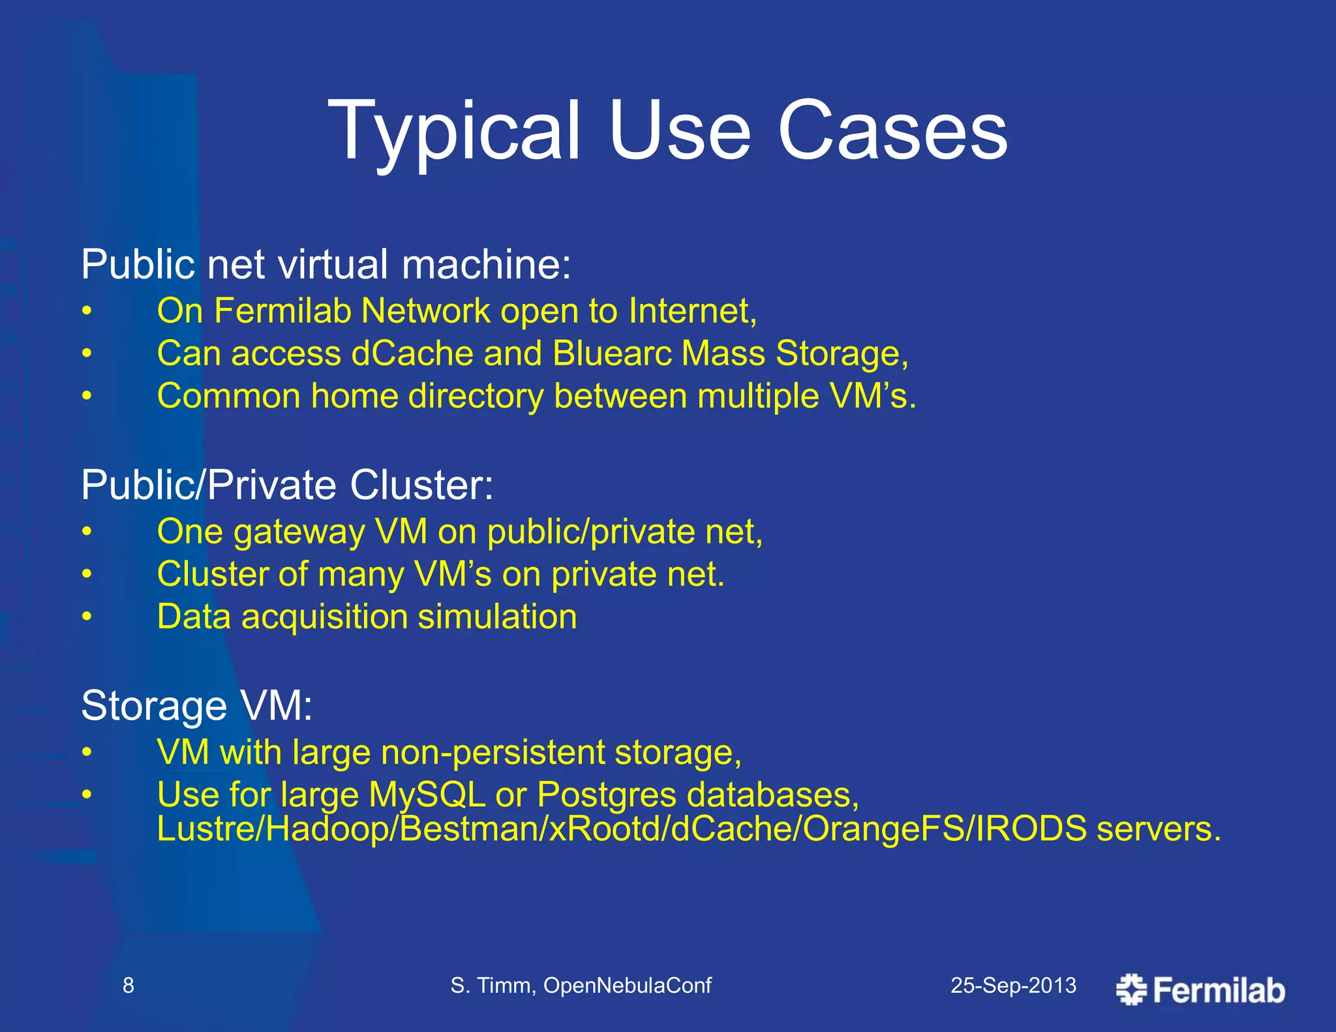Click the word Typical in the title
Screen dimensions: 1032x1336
[453, 130]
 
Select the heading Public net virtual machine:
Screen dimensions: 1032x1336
[326, 264]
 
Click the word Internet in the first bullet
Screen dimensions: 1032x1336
[691, 311]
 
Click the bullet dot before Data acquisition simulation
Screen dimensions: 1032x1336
[87, 617]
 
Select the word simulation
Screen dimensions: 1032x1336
[497, 617]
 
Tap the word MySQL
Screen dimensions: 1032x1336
[427, 795]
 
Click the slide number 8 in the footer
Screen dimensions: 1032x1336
[129, 985]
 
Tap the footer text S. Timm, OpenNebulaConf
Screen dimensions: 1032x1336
[581, 985]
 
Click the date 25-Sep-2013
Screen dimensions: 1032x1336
[1013, 985]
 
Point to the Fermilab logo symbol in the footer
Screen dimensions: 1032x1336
[1131, 989]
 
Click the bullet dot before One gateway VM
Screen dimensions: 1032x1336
[87, 532]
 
